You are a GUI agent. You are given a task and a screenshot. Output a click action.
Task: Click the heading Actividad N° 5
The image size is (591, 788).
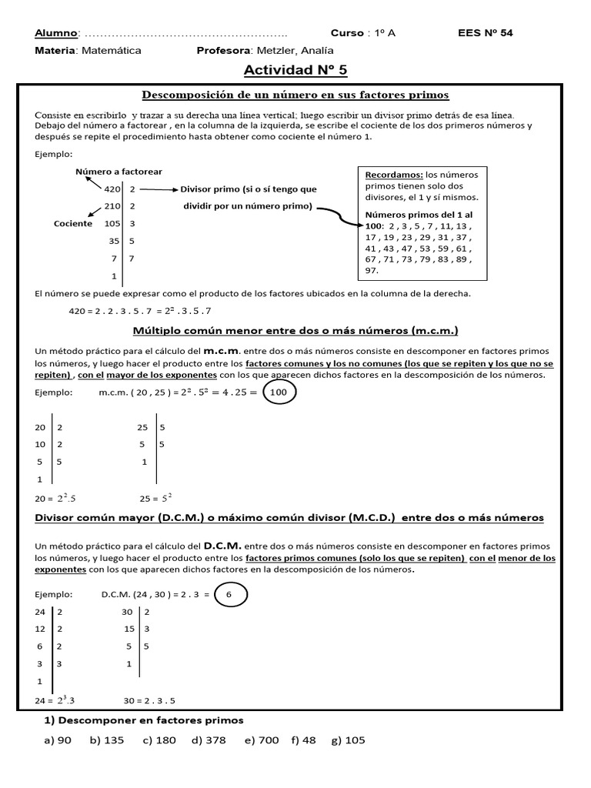tap(295, 71)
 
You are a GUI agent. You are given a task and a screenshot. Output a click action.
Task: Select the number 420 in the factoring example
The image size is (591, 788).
tap(112, 189)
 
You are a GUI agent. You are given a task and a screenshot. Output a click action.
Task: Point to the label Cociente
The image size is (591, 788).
tap(73, 224)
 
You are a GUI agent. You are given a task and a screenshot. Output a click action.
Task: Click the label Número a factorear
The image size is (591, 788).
tap(119, 172)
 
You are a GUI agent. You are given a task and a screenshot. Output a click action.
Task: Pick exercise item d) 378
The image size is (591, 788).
tap(209, 740)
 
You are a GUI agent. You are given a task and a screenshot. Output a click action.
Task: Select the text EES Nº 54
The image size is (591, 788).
tap(485, 33)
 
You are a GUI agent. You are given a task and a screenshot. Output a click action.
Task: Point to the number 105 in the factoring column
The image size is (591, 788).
tap(112, 224)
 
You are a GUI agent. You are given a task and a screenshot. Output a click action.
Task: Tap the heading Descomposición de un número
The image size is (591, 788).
tap(295, 95)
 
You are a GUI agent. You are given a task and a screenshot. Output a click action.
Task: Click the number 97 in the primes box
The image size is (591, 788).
tap(372, 271)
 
